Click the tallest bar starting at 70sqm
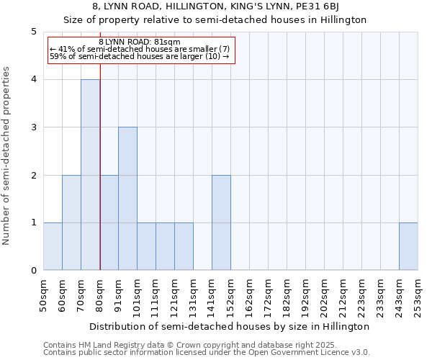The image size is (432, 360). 90,175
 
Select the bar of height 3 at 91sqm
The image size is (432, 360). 127,199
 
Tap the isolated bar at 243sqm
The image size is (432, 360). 408,246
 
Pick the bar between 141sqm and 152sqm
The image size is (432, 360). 221,222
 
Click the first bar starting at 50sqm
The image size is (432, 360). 53,246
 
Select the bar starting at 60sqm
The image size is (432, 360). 71,222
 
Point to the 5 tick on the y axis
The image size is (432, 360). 33,32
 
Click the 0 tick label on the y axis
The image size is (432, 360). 33,271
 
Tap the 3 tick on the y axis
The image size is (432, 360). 33,127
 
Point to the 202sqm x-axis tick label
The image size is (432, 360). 325,294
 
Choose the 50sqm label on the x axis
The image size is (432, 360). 44,294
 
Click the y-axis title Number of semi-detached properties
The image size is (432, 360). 7,156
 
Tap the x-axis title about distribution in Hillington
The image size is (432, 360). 230,326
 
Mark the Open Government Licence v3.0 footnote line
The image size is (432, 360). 207,352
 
